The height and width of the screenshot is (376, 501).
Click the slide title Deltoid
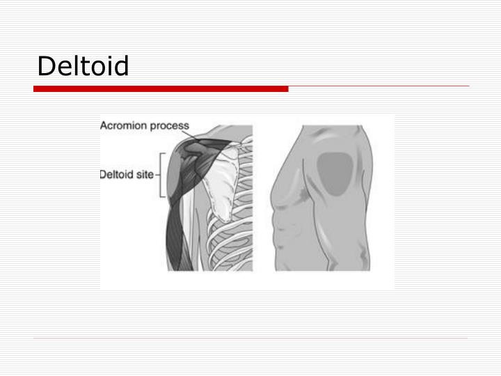pyautogui.click(x=83, y=67)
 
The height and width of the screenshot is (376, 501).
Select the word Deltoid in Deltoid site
pyautogui.click(x=117, y=174)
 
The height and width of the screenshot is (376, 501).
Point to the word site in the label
pyautogui.click(x=145, y=174)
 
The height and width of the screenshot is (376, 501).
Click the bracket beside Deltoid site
pyautogui.click(x=161, y=174)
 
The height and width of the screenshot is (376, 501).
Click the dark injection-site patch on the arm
pyautogui.click(x=335, y=172)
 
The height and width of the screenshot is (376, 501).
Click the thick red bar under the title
pyautogui.click(x=161, y=89)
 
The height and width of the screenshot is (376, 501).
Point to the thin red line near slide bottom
pyautogui.click(x=250, y=339)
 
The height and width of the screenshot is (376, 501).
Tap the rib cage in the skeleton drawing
pyautogui.click(x=233, y=237)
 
